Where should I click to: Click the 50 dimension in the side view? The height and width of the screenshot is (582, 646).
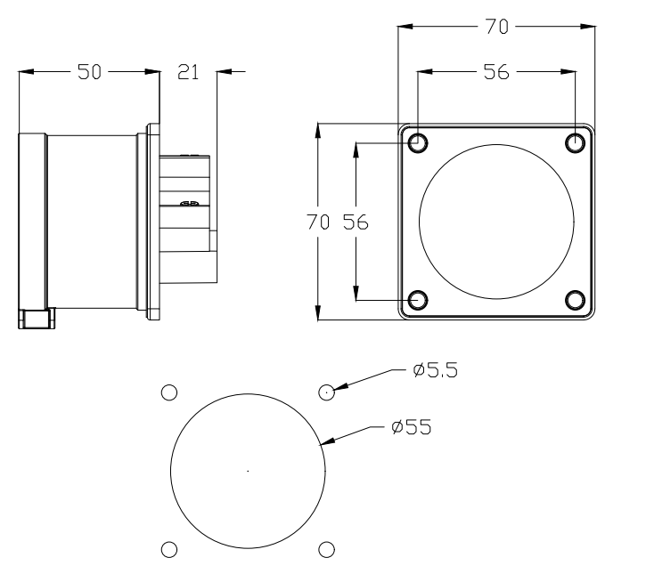(89, 73)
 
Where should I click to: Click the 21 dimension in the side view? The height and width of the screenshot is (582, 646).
(188, 73)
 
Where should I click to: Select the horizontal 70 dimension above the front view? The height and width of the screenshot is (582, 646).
(497, 28)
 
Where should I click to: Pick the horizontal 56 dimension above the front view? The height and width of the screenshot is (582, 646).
(497, 73)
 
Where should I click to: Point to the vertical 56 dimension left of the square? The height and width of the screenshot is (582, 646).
(356, 222)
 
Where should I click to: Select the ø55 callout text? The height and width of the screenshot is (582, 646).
(411, 427)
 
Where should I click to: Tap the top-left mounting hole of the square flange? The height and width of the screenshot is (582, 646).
(417, 142)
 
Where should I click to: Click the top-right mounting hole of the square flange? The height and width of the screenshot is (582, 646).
(575, 142)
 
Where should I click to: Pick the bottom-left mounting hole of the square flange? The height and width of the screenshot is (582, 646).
(417, 299)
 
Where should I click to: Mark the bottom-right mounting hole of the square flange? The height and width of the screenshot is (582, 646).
(575, 299)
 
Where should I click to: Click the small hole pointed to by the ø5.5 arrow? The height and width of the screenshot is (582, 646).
(326, 392)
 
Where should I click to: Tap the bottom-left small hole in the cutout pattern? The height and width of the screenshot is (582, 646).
(168, 549)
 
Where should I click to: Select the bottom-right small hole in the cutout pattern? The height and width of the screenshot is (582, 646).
(326, 549)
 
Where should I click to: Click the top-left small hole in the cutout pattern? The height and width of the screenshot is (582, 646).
(168, 392)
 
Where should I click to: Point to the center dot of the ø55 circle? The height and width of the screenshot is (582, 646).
(247, 470)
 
